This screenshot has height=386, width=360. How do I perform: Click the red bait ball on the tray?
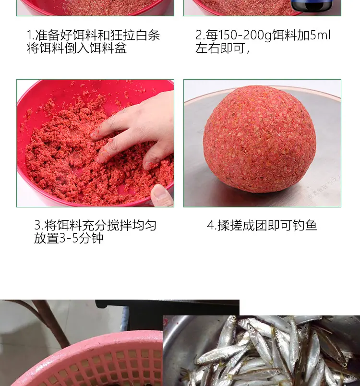260,138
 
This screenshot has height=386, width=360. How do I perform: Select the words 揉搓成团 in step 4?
242,225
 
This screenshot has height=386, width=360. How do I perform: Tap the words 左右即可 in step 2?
220,48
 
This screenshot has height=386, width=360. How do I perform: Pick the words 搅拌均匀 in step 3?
132,225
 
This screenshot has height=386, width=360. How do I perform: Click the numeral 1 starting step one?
29,35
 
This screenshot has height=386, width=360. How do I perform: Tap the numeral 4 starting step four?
211,226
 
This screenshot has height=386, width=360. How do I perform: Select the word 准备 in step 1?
48,35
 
